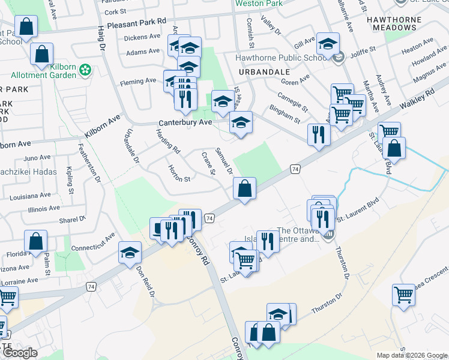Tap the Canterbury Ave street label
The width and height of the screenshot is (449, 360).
point(185,122)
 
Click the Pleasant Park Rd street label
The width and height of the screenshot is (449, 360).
point(136,24)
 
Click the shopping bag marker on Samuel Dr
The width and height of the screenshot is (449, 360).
point(244,189)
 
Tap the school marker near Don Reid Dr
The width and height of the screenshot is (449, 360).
point(130,253)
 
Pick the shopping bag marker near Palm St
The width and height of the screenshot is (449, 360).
point(36,242)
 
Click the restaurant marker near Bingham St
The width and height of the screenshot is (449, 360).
point(319,134)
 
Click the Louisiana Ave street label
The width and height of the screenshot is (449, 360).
point(31,196)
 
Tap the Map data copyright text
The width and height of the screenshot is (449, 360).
point(412,355)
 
